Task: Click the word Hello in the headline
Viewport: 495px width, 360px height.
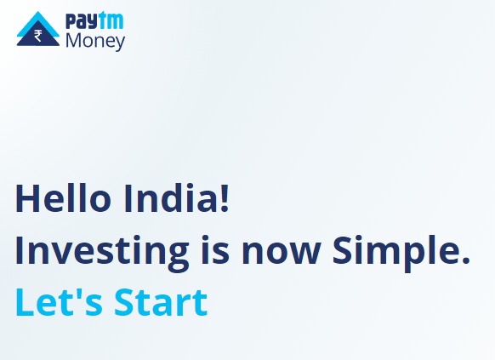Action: tap(63, 198)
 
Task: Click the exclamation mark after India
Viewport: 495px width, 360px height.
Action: tap(225, 198)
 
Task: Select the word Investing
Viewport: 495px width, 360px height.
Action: tap(102, 253)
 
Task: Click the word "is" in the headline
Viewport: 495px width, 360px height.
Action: tap(215, 249)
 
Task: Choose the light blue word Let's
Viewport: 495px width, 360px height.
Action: tap(59, 302)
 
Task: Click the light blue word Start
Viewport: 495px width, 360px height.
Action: tap(161, 302)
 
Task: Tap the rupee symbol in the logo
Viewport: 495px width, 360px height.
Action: tap(38, 36)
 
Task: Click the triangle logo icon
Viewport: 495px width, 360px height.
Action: tap(38, 29)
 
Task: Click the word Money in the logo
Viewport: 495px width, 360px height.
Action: tap(95, 42)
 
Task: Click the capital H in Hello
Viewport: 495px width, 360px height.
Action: tap(27, 198)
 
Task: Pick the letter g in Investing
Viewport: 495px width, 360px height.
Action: tap(178, 256)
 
